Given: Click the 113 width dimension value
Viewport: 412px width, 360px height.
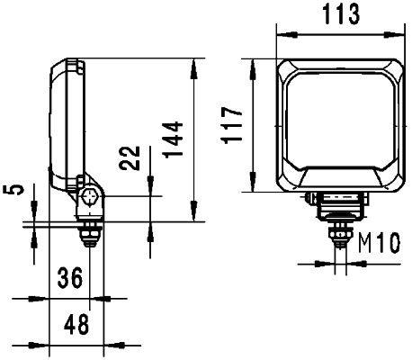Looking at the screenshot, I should (339, 14).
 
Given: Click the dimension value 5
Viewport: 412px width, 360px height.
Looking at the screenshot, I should (11, 192).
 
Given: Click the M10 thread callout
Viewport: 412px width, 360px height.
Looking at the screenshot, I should (377, 243).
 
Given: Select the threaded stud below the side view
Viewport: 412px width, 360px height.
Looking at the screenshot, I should (91, 234).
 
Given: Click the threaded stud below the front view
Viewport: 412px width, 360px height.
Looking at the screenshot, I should (339, 236).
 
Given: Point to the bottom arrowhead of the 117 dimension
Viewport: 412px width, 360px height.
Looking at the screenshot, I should (254, 186).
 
